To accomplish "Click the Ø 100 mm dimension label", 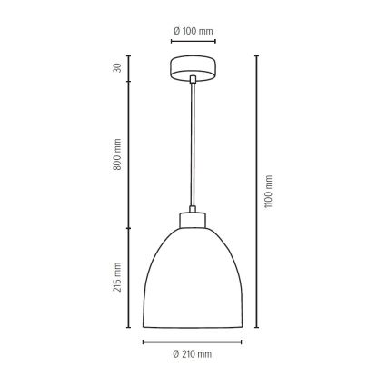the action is tap(193, 31).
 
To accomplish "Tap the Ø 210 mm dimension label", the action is tap(193, 354).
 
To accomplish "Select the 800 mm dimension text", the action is tap(117, 154).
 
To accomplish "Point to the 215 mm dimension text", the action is tap(117, 277).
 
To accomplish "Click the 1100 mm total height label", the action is tap(268, 192).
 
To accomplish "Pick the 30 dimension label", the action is tap(117, 68).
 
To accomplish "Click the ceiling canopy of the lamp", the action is tap(193, 68).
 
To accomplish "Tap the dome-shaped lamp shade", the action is tap(193, 278).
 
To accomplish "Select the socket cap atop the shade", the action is tap(193, 220).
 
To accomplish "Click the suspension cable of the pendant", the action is tap(193, 144).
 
